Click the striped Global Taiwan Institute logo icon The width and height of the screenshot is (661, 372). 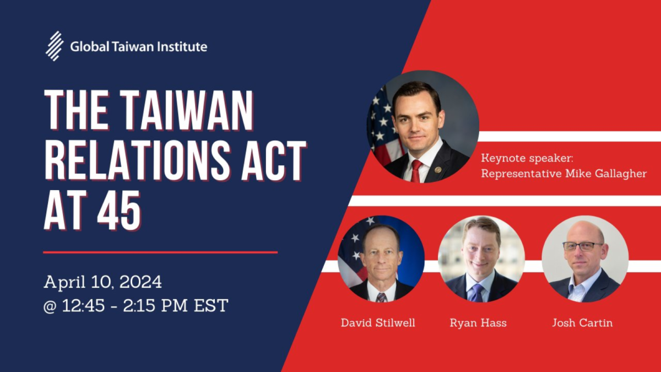(55, 46)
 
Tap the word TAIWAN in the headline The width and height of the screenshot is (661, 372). (187, 110)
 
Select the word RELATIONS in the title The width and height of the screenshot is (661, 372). (137, 160)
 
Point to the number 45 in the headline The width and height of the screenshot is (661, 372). (120, 210)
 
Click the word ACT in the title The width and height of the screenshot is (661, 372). (274, 160)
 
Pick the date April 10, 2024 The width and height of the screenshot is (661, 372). (102, 282)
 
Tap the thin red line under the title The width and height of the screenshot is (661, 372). (160, 252)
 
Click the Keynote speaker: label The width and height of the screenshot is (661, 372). (527, 158)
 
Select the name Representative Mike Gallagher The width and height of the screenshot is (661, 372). (564, 174)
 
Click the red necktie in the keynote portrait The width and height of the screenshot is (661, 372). (416, 171)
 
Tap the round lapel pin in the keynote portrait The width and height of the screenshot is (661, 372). (438, 170)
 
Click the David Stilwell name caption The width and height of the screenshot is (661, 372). (378, 323)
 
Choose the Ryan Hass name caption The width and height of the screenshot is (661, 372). (478, 323)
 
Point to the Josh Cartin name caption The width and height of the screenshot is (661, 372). (583, 323)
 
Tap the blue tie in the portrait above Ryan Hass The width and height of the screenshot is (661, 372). (477, 293)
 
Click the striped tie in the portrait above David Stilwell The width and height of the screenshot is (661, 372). (381, 297)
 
